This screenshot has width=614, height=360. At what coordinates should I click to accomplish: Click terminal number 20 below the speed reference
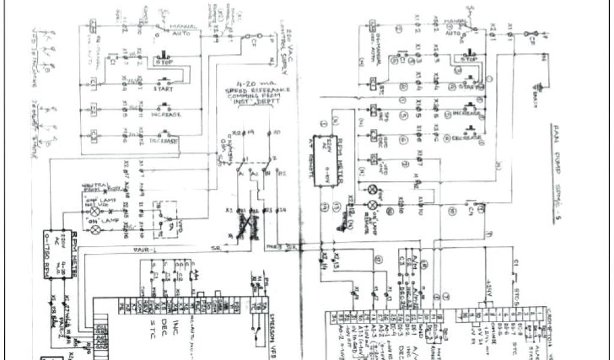275,131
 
